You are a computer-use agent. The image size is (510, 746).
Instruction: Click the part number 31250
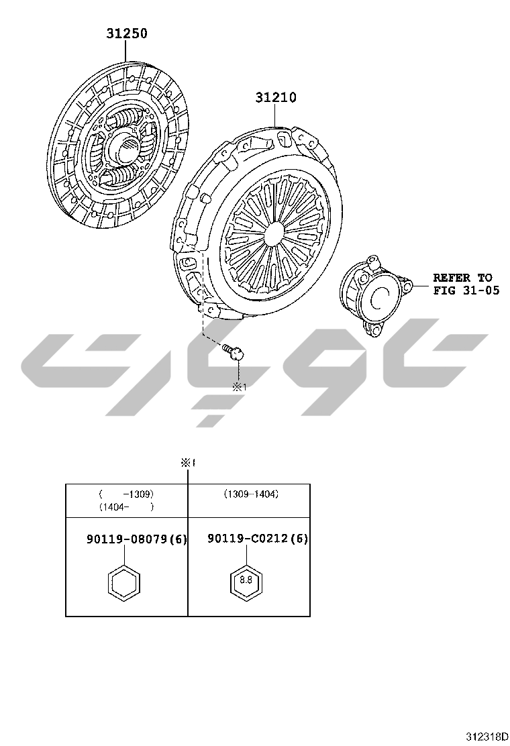pos(127,34)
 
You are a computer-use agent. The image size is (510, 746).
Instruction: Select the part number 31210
pos(276,97)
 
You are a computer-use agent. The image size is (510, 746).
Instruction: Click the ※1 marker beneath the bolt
pos(240,387)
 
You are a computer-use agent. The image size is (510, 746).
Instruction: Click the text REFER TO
pos(462,277)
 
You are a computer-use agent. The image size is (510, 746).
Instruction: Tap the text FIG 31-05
pos(466,290)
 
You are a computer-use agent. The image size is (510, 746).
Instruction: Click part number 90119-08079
pos(127,539)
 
